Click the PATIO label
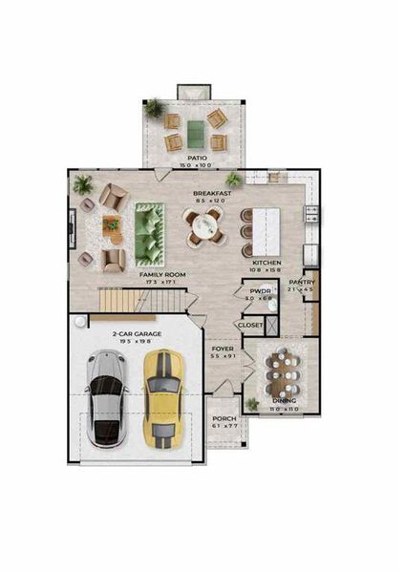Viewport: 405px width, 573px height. pos(198,158)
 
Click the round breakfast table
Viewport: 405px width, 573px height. pos(203,227)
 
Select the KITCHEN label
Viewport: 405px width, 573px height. pos(266,262)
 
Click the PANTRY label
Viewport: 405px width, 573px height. pos(302,282)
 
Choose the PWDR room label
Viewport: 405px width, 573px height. pos(260,291)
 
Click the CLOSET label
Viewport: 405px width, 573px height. pos(250,325)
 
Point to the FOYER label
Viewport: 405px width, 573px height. pos(223,350)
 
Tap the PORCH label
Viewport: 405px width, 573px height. pos(224,418)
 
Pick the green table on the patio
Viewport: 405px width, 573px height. pos(195,131)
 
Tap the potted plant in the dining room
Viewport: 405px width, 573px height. pos(252,403)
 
